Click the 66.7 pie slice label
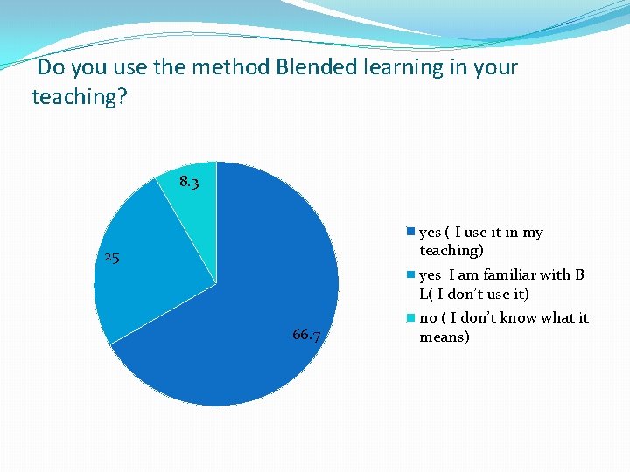pos(305,336)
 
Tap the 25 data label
pos(111,258)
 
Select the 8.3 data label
pos(189,183)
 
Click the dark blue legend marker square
pos(409,233)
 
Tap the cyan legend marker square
pos(409,318)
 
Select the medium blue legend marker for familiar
pos(409,275)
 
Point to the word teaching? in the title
pos(80,97)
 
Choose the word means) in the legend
pos(444,337)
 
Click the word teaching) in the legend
pos(451,251)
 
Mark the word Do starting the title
pos(51,67)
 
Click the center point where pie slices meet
pos(216,283)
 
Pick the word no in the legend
pos(428,318)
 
